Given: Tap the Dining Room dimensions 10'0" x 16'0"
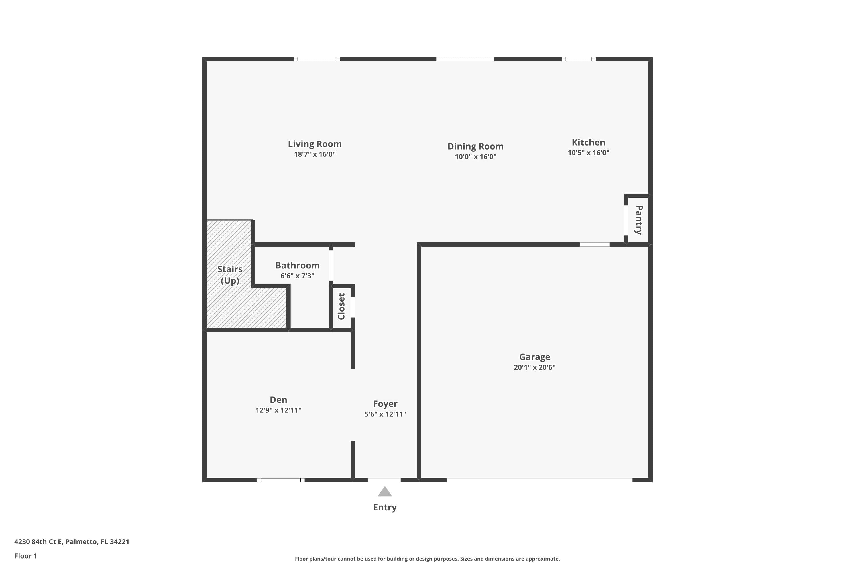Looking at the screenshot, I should click(475, 157).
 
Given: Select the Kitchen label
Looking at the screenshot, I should click(588, 142).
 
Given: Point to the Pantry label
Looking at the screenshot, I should click(639, 220).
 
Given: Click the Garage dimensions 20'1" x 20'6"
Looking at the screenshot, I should click(534, 367).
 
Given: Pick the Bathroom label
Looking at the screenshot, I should click(297, 265).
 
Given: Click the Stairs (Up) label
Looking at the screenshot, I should click(230, 275).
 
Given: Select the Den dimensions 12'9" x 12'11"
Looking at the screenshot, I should click(278, 410).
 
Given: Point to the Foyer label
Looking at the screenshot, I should click(385, 404).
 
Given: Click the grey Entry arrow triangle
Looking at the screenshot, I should click(384, 492).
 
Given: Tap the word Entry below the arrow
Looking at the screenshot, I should click(384, 508).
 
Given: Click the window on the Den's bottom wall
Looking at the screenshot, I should click(281, 480).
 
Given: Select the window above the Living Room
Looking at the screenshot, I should click(317, 59).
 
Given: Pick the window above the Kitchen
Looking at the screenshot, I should click(578, 59).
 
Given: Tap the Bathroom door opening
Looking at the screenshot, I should click(331, 265).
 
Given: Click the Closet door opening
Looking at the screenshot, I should click(353, 307).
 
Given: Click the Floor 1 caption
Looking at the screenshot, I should click(25, 556).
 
